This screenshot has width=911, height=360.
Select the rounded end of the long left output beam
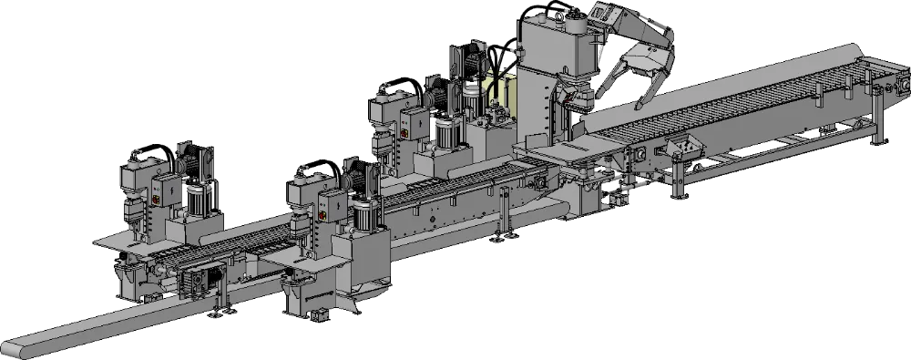[x=13, y=348]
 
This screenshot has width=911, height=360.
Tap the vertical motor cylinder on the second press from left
[x=366, y=212]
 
